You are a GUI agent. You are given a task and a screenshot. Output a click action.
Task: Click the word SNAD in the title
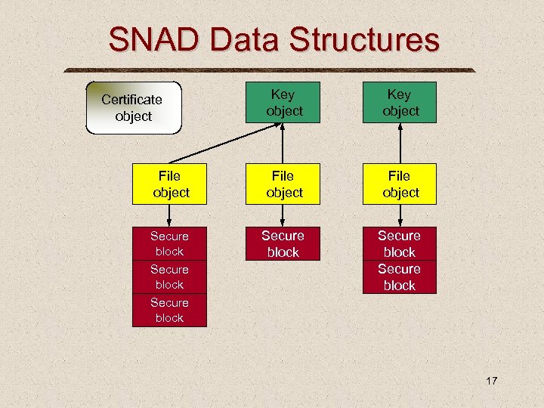[x=158, y=39]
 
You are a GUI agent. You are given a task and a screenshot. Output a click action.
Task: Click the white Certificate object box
[x=134, y=107]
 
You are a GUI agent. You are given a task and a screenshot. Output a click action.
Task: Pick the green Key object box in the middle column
[x=283, y=103]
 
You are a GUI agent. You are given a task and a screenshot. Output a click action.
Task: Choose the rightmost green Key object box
[x=399, y=103]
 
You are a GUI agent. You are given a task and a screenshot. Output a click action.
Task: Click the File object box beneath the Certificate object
[x=170, y=184]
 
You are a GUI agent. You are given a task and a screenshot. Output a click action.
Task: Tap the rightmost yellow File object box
[x=399, y=184]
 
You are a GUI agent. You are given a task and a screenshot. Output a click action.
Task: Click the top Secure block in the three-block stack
[x=169, y=243]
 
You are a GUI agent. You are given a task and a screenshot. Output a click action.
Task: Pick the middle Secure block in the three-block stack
[x=169, y=277]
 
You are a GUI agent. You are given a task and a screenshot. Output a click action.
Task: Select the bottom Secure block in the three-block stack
[x=169, y=310]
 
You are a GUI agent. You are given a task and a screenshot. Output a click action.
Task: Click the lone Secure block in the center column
[x=283, y=244]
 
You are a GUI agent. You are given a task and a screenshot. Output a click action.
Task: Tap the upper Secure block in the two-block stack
[x=399, y=243]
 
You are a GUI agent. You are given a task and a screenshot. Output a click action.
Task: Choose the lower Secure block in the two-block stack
[x=399, y=277]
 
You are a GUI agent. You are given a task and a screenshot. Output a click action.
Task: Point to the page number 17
[x=491, y=381]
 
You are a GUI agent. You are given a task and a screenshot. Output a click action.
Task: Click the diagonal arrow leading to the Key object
[x=227, y=141]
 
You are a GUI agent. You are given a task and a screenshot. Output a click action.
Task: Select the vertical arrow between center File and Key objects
[x=283, y=144]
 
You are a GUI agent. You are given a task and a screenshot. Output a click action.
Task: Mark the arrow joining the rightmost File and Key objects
[x=399, y=144]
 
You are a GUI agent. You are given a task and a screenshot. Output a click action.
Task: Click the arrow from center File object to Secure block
[x=283, y=216]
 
